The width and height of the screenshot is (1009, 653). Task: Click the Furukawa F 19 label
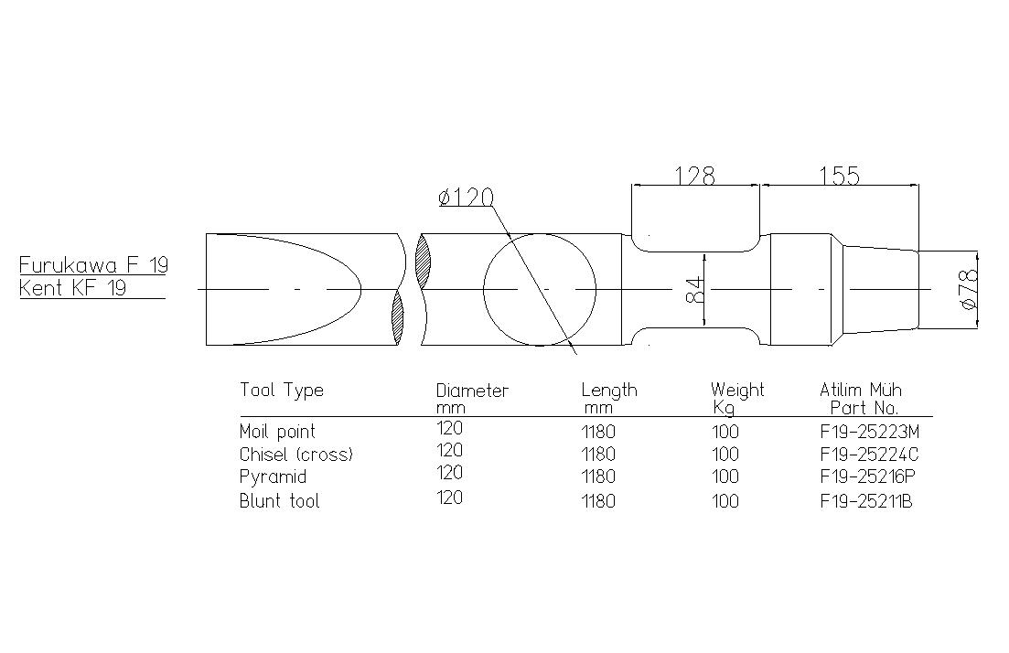click(93, 264)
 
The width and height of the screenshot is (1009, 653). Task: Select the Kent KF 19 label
click(72, 287)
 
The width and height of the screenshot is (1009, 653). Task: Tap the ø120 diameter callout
click(466, 197)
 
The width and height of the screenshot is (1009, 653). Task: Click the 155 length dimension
click(839, 175)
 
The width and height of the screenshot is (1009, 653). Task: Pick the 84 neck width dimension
click(695, 290)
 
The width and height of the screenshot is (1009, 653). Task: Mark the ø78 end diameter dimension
click(969, 289)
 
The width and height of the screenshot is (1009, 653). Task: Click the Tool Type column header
click(281, 391)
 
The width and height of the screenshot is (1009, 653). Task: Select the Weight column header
click(737, 398)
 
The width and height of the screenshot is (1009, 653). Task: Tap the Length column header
click(609, 398)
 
